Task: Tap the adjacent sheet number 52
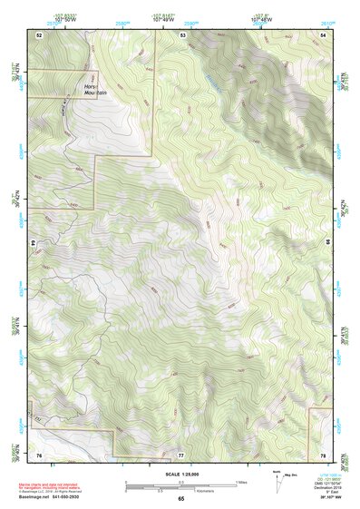point(39,34)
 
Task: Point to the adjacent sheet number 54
point(323,34)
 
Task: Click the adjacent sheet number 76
point(39,453)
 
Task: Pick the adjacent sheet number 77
point(180,453)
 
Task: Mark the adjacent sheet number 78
point(323,453)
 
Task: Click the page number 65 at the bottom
point(180,498)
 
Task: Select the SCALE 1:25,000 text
point(180,474)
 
